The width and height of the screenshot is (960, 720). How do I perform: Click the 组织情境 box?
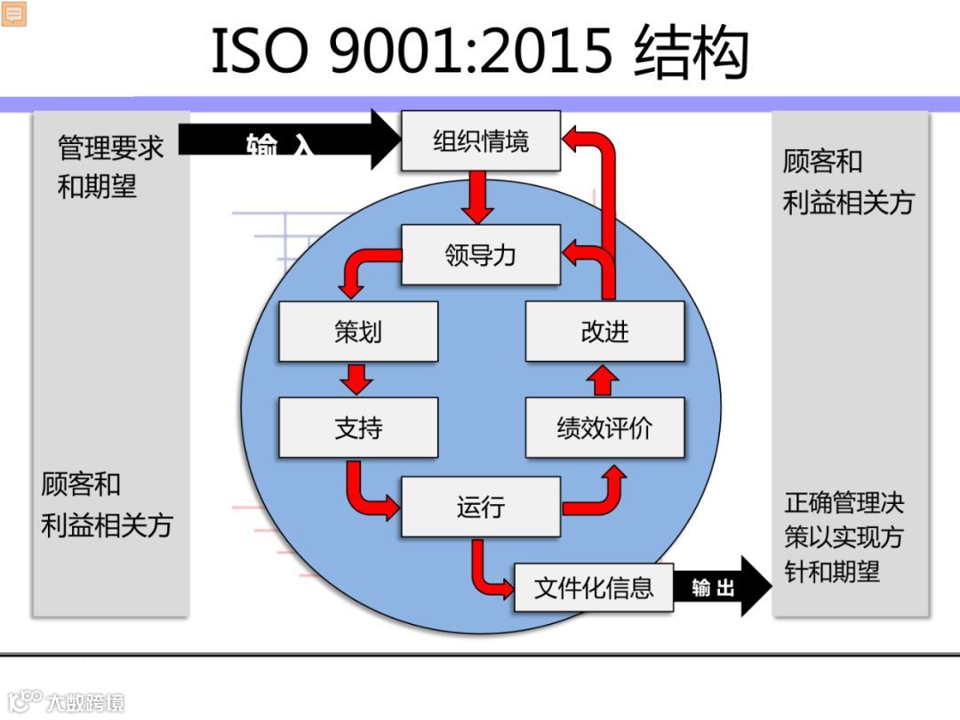click(481, 140)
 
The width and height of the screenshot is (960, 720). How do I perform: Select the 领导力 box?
click(481, 255)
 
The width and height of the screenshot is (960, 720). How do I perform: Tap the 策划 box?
click(358, 332)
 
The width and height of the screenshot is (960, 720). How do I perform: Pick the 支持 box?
click(358, 428)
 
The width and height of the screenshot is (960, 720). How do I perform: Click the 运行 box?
click(481, 507)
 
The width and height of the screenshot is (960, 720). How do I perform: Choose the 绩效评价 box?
click(604, 428)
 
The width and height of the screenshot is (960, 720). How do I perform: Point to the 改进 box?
click(604, 332)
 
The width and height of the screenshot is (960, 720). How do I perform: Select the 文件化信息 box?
click(594, 587)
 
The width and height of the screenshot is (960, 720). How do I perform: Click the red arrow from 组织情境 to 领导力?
click(480, 197)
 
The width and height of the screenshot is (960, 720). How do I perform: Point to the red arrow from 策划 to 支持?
click(358, 379)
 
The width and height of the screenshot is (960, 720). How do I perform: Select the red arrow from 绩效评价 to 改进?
click(604, 380)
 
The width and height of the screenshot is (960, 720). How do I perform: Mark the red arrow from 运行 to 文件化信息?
click(488, 570)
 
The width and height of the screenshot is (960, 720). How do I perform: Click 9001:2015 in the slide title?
click(471, 52)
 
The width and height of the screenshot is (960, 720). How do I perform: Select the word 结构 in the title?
click(692, 52)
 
